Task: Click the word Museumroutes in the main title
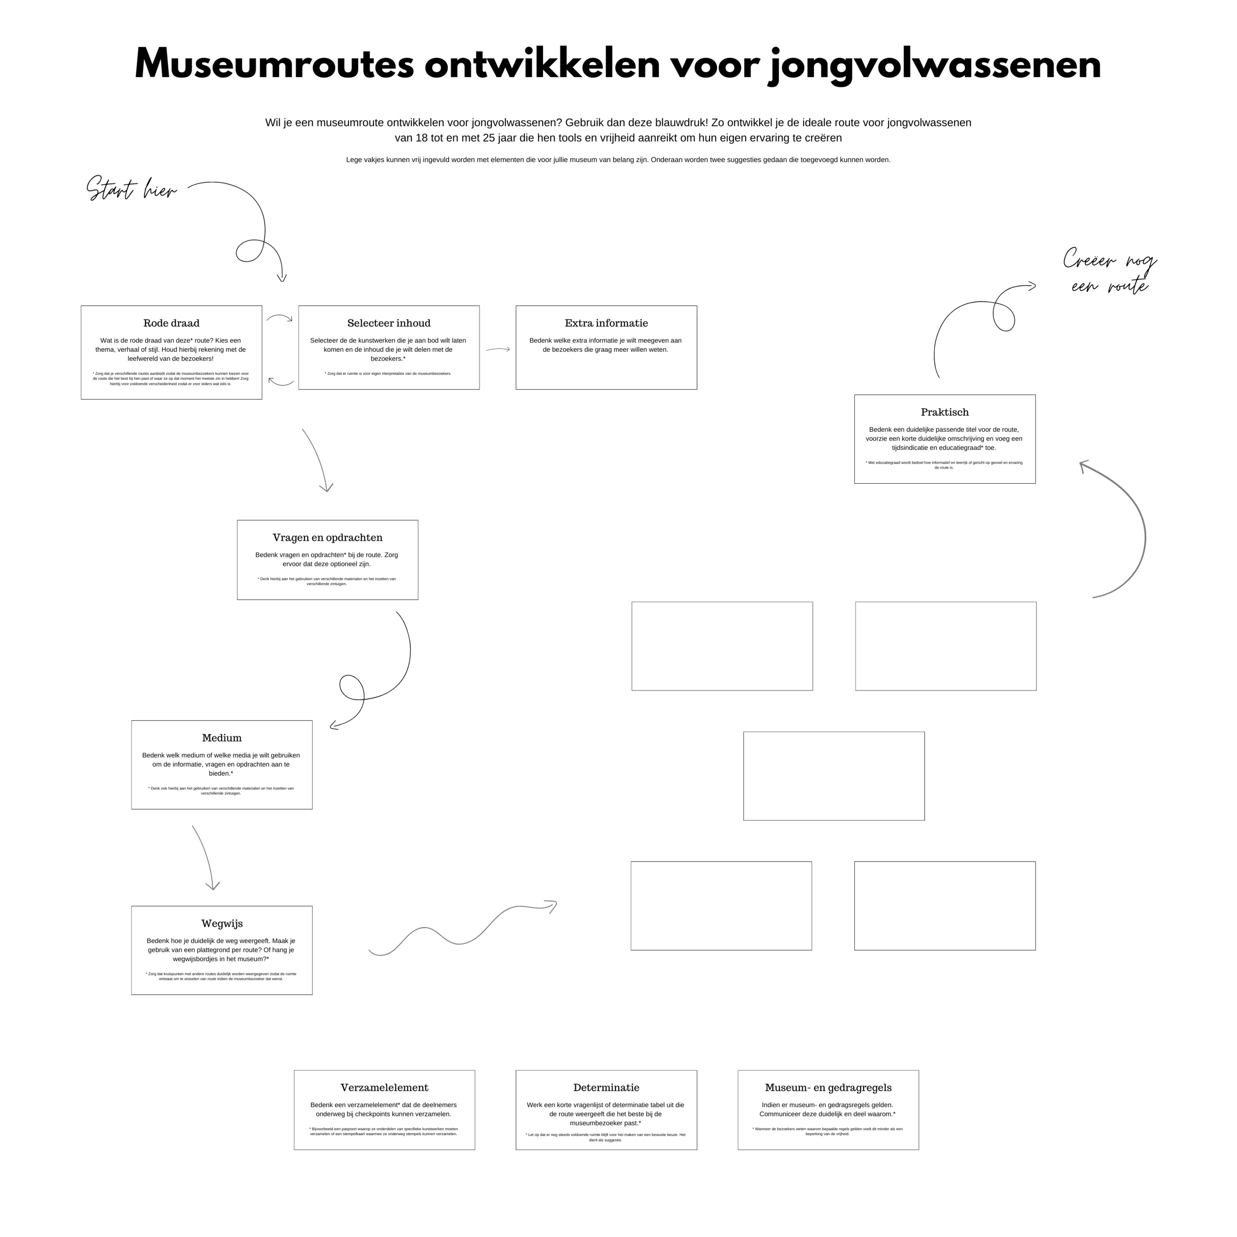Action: pos(274,65)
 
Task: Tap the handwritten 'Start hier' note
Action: pos(131,190)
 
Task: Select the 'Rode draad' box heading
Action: pos(172,324)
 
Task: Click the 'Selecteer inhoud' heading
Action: pos(389,324)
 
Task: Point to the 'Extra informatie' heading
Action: pos(607,324)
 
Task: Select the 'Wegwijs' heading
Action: pos(222,924)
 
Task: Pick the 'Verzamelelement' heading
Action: pos(385,1089)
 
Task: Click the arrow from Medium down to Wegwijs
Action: pos(205,858)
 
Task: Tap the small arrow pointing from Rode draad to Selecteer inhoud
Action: pos(279,318)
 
